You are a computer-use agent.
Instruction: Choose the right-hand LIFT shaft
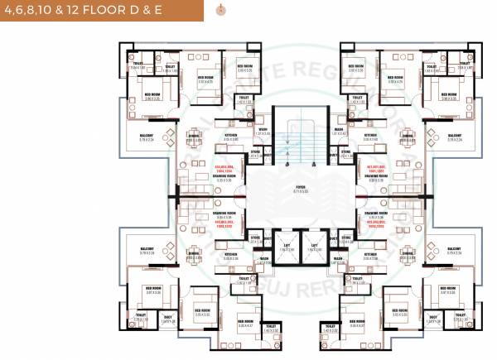(x=315, y=247)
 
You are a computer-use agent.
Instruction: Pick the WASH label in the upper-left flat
(x=262, y=128)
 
